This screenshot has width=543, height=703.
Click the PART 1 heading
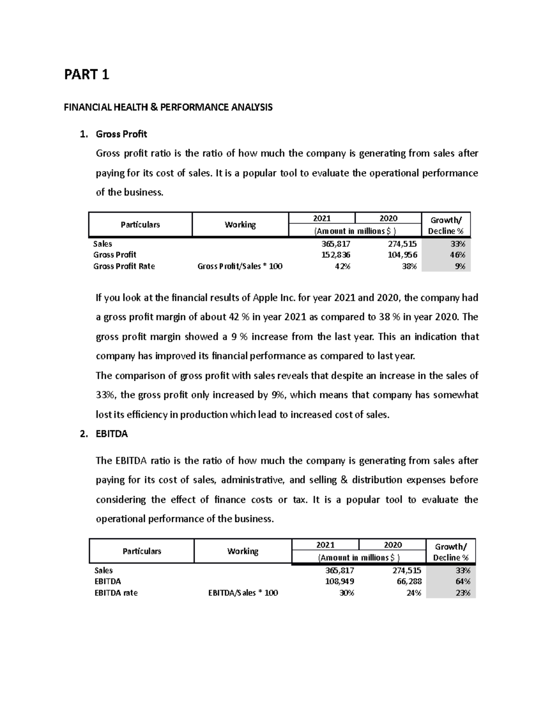click(x=86, y=74)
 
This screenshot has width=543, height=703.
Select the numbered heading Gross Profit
click(x=121, y=134)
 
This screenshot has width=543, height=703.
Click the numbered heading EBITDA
click(x=112, y=434)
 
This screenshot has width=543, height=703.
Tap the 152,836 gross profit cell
click(x=336, y=255)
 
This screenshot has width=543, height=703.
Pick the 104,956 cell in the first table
click(x=402, y=255)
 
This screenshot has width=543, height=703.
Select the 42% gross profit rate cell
click(x=342, y=266)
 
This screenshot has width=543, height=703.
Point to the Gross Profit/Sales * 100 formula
click(x=240, y=266)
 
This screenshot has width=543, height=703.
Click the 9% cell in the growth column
click(x=460, y=266)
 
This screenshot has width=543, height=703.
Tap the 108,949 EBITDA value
click(x=339, y=581)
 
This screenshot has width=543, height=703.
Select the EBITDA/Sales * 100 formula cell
click(x=243, y=593)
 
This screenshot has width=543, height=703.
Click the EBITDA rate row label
click(x=116, y=593)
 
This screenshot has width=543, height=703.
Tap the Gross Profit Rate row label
click(x=124, y=266)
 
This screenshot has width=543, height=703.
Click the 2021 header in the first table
click(x=322, y=218)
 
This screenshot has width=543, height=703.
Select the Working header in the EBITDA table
click(x=243, y=551)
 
